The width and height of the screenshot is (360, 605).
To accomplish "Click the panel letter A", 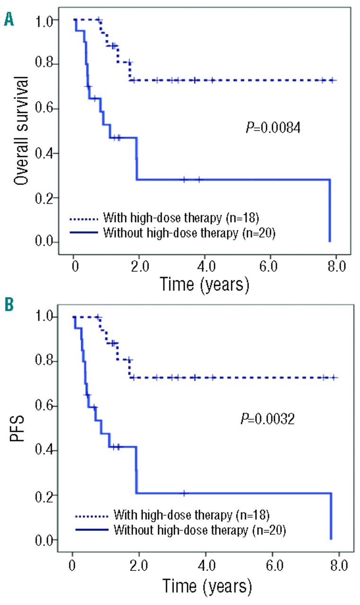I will pyautogui.click(x=9, y=19).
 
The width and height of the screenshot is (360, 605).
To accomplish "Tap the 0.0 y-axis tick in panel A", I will pyautogui.click(x=48, y=243).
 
